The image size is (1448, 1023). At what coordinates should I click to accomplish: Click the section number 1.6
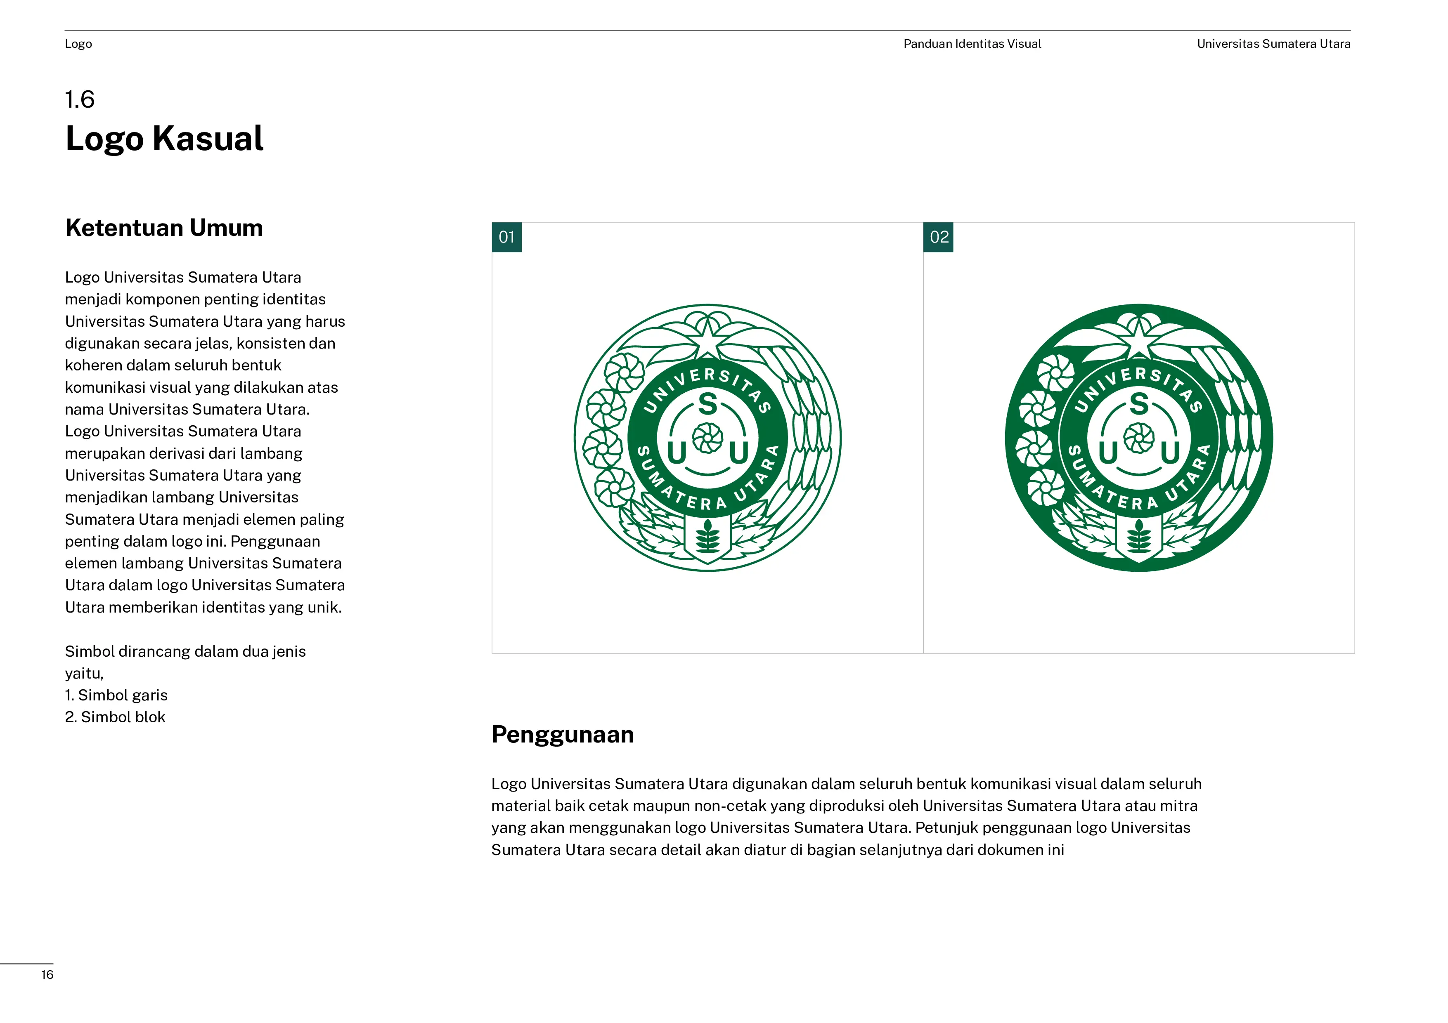(x=80, y=99)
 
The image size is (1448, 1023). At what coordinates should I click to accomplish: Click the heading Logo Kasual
(x=164, y=139)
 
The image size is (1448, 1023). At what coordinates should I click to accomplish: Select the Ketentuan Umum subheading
(x=164, y=228)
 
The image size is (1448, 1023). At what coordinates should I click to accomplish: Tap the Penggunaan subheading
(x=563, y=734)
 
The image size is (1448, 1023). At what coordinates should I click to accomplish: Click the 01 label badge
(x=506, y=237)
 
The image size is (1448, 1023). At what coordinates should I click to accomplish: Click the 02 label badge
(x=938, y=237)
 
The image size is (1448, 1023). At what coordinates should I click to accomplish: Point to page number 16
(x=47, y=974)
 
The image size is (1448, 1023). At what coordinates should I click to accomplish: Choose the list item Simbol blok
(x=116, y=717)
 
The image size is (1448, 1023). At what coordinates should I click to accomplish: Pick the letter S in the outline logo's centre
(x=707, y=404)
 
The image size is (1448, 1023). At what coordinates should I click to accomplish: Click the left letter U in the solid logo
(x=1108, y=453)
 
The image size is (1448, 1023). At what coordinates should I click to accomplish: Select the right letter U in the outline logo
(x=738, y=453)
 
